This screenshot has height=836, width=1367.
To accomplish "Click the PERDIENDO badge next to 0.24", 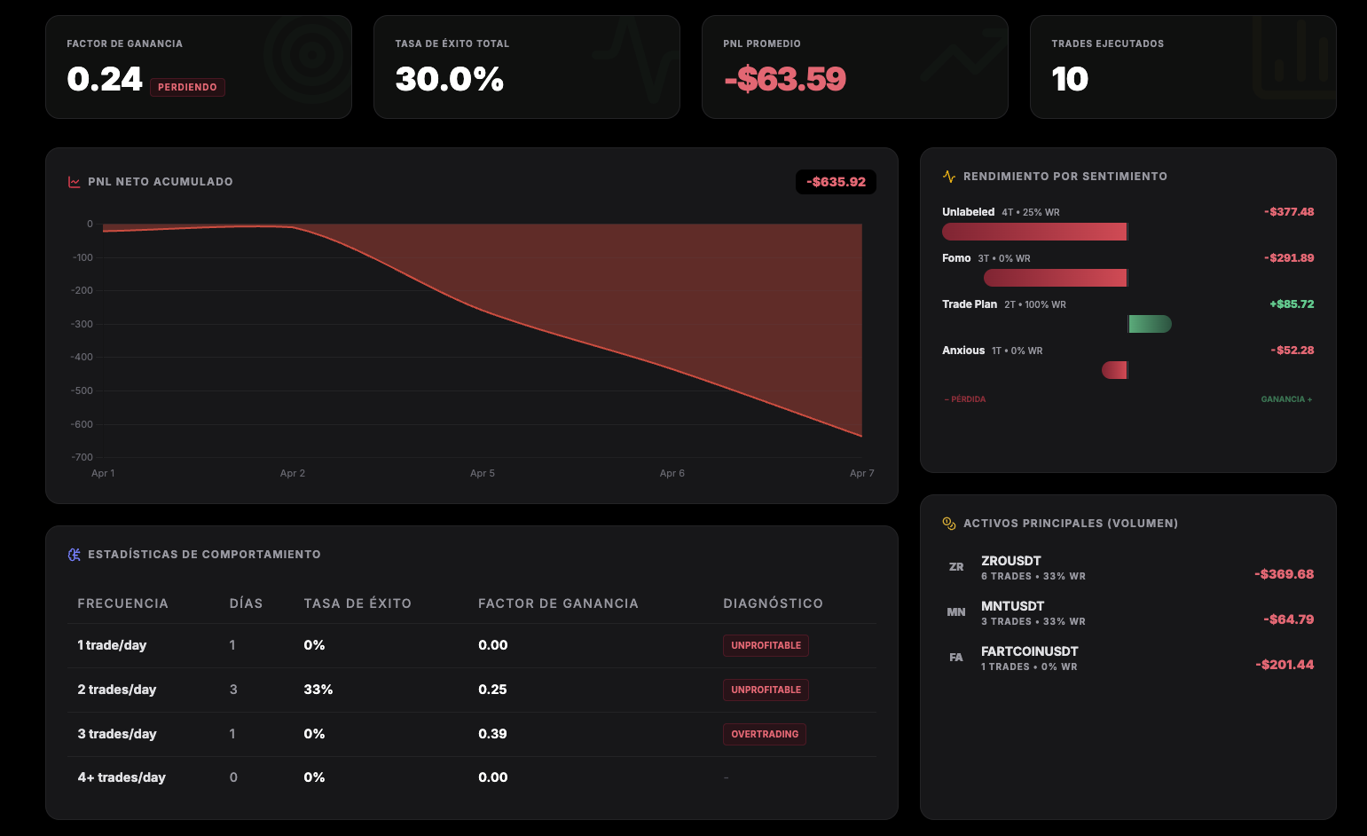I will click(187, 87).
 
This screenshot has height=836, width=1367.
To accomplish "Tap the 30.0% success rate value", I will click(449, 80).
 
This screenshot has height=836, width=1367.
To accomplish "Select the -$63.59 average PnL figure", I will click(785, 80).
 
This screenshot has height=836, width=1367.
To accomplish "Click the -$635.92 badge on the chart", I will click(836, 182).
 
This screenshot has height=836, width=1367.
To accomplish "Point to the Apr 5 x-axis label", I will click(483, 473).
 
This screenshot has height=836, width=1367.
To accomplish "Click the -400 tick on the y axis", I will click(82, 357).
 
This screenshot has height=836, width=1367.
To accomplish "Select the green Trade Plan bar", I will click(1150, 324).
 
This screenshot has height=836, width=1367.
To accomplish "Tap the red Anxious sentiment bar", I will click(1114, 370).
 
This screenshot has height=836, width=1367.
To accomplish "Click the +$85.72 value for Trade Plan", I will click(1292, 304).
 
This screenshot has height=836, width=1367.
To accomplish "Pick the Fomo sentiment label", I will click(956, 258).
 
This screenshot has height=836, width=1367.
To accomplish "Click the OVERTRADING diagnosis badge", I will click(765, 734).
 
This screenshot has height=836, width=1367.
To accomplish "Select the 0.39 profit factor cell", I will click(492, 734).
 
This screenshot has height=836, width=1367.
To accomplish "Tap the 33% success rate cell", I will click(318, 690).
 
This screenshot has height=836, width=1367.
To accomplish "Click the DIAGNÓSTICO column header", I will click(773, 603).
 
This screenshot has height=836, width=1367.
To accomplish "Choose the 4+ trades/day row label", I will click(122, 777).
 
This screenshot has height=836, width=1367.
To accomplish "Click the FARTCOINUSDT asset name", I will click(1029, 651).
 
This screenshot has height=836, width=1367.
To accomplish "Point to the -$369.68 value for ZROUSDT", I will click(1284, 574).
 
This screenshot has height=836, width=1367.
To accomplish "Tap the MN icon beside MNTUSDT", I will click(956, 612).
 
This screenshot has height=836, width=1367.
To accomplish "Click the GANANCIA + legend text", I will click(1286, 399).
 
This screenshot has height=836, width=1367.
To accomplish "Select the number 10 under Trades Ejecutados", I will click(1070, 80).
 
